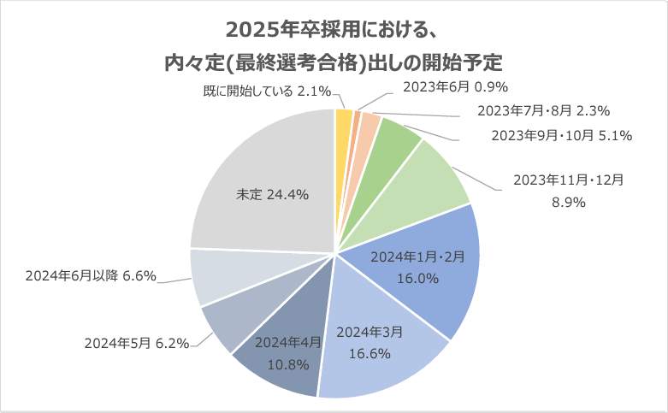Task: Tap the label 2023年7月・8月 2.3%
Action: [x=542, y=110]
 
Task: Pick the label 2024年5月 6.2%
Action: [x=137, y=344]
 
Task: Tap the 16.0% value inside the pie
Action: [x=418, y=278]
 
